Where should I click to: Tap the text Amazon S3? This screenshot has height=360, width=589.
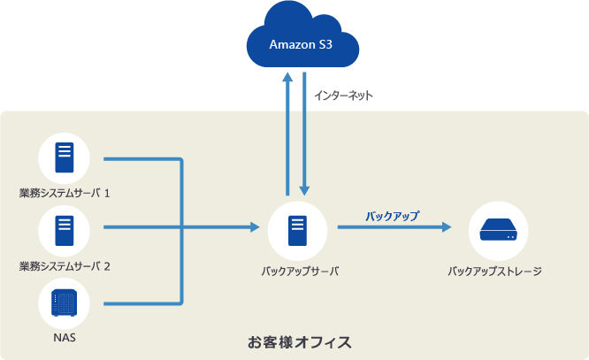pyautogui.click(x=301, y=45)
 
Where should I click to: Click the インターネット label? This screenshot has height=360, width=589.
pyautogui.click(x=343, y=96)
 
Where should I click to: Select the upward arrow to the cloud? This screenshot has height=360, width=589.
pyautogui.click(x=287, y=134)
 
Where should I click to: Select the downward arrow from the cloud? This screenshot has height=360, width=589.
pyautogui.click(x=304, y=134)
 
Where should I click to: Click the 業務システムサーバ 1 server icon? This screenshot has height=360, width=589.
pyautogui.click(x=65, y=157)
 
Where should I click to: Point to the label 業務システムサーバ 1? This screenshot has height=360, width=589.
pyautogui.click(x=65, y=193)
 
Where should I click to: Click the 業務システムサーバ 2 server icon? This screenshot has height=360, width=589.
pyautogui.click(x=65, y=231)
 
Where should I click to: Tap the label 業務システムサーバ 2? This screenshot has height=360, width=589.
pyautogui.click(x=65, y=266)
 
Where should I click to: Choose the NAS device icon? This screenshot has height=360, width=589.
pyautogui.click(x=65, y=303)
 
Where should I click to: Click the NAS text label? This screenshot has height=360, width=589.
pyautogui.click(x=65, y=338)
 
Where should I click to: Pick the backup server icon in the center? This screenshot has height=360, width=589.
pyautogui.click(x=297, y=231)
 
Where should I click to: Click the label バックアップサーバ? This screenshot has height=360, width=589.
pyautogui.click(x=300, y=271)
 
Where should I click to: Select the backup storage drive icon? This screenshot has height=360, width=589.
pyautogui.click(x=498, y=230)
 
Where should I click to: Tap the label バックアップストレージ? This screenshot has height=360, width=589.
pyautogui.click(x=494, y=271)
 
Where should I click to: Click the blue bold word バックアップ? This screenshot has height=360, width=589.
pyautogui.click(x=393, y=216)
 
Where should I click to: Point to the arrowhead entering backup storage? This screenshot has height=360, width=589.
pyautogui.click(x=447, y=227)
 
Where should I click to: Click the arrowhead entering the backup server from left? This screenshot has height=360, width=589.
pyautogui.click(x=255, y=227)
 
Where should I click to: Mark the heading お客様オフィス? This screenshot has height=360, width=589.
pyautogui.click(x=300, y=342)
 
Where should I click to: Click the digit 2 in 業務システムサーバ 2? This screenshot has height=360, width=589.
pyautogui.click(x=107, y=266)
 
